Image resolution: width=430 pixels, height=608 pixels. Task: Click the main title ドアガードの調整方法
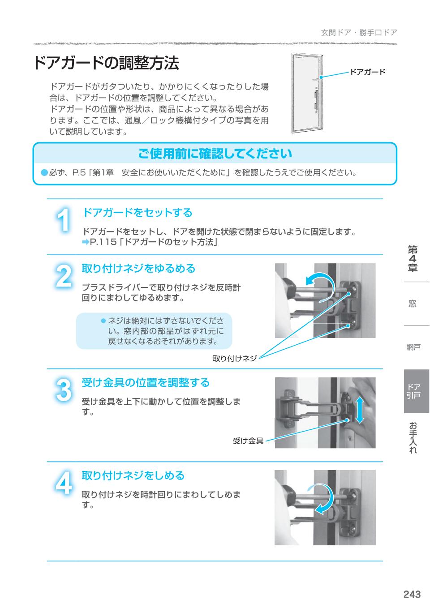click(x=106, y=63)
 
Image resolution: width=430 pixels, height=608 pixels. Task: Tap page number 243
click(x=412, y=594)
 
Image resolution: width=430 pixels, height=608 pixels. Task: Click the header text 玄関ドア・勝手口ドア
click(x=359, y=33)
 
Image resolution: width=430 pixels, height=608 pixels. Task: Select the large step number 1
click(x=64, y=221)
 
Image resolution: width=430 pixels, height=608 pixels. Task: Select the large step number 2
click(x=64, y=276)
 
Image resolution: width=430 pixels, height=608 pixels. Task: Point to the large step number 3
click(x=64, y=390)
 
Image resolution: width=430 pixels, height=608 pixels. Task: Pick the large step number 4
click(x=64, y=484)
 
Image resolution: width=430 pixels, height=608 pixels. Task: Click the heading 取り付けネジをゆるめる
click(x=138, y=269)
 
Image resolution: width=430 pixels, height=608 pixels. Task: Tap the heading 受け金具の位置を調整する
click(x=145, y=383)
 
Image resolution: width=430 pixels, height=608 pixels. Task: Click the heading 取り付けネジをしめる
click(x=133, y=475)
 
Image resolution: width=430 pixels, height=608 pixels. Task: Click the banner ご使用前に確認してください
click(x=215, y=154)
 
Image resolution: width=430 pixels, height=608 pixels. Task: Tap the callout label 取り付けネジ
click(x=234, y=358)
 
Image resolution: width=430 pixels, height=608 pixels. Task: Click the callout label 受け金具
click(x=248, y=441)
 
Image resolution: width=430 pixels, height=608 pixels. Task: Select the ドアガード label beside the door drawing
click(x=367, y=72)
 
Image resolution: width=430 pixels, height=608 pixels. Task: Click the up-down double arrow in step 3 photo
click(x=360, y=409)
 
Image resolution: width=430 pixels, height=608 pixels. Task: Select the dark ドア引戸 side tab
click(x=416, y=391)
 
